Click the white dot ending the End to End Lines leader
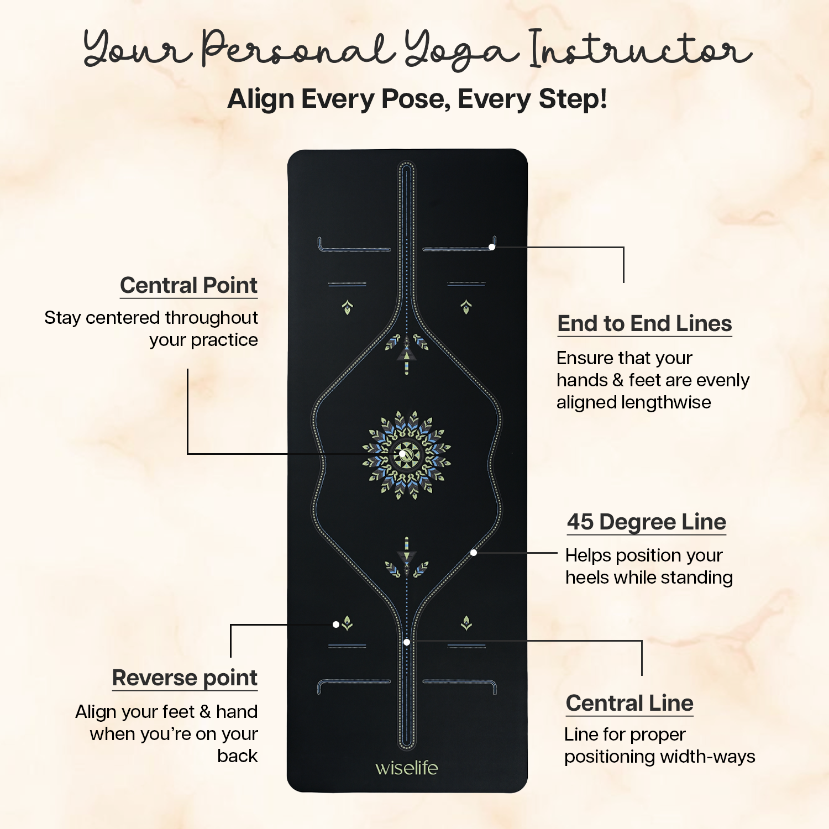[492, 247]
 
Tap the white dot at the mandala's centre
[403, 454]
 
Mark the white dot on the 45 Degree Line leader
[474, 553]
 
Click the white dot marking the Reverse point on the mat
[336, 625]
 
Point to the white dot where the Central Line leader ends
[407, 642]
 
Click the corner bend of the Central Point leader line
[188, 454]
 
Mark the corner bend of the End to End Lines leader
[623, 248]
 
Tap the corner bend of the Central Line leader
[642, 641]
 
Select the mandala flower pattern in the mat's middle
[407, 455]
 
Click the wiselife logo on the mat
[407, 768]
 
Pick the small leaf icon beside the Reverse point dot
[347, 623]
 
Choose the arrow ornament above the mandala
[407, 353]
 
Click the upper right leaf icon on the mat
[466, 307]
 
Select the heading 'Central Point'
[189, 286]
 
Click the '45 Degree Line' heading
[647, 522]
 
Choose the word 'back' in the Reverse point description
[238, 756]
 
